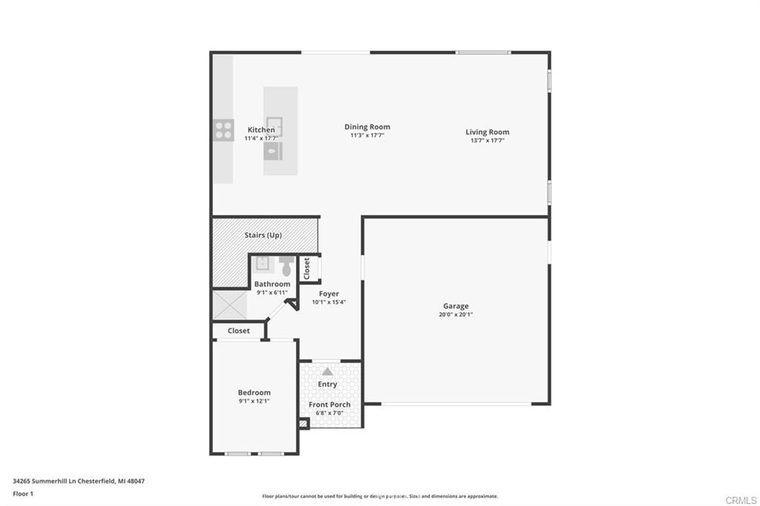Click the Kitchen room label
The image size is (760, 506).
pos(261,130)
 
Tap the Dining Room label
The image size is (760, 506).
pos(367,127)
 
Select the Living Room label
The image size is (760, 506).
pos(487,132)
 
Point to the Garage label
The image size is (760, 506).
pos(456,306)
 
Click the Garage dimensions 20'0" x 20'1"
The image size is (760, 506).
pos(456,315)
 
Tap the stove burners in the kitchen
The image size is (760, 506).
pos(223,130)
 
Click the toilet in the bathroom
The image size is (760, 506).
pos(286,266)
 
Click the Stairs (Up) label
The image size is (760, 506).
pos(263,235)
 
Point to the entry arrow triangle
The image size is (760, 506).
pos(327,371)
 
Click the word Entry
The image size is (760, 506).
pos(327,384)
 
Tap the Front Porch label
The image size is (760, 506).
pos(330,404)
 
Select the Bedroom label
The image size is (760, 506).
pos(254,392)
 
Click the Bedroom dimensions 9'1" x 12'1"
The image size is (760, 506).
pos(254,401)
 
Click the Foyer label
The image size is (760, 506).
pos(329,294)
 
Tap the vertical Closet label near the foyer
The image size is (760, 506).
pos(307,268)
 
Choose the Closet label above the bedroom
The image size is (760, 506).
pos(238,331)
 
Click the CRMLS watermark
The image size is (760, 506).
pos(741,500)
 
